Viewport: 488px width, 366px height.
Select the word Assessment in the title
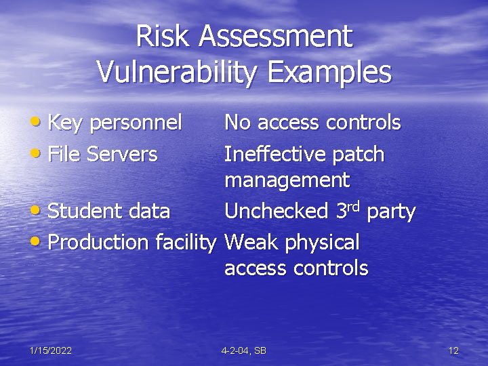(x=276, y=37)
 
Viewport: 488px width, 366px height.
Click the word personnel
(x=136, y=123)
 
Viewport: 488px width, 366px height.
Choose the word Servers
(x=125, y=155)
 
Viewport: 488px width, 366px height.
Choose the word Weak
(x=249, y=242)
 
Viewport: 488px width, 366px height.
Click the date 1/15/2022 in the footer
(x=51, y=350)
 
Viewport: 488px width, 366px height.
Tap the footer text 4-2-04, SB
(x=243, y=350)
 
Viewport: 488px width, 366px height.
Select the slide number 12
(x=453, y=350)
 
